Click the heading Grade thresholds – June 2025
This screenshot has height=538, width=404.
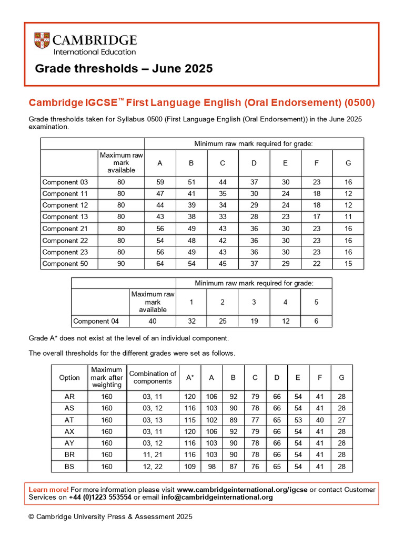[124, 69]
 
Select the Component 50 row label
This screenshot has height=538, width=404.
[65, 264]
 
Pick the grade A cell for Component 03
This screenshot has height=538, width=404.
[160, 182]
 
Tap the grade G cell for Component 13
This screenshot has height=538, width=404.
[348, 217]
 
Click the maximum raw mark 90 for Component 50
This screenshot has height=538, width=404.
[121, 264]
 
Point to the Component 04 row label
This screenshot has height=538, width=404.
[96, 321]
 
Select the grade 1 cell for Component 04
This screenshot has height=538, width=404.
[191, 321]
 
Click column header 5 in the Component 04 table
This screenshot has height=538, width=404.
[316, 302]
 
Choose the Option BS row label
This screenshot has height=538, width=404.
[69, 466]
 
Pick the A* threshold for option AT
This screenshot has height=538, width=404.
[190, 420]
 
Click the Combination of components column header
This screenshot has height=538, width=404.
[153, 377]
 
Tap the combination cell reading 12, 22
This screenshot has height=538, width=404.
[153, 466]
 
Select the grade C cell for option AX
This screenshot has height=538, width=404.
[255, 431]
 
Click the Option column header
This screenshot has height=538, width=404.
[69, 377]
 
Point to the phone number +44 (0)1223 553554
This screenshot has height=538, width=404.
[100, 497]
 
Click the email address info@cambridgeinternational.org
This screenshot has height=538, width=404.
[217, 497]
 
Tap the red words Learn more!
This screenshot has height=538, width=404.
[48, 490]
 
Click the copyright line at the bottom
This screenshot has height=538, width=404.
[110, 516]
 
